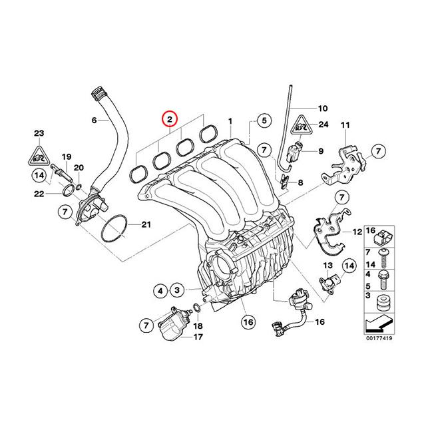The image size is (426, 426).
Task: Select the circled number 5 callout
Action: pos(264,120)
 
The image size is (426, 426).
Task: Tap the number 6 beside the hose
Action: pos(94,120)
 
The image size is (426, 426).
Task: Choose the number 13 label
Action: pos(327,266)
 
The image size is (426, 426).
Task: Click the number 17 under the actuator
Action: pos(197,337)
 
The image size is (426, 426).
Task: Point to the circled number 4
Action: pos(160,290)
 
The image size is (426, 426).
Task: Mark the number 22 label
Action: pos(39,194)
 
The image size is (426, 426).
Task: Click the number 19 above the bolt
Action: pos(66,156)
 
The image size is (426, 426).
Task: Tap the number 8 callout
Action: pos(300,182)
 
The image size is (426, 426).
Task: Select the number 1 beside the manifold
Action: pos(230,121)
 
